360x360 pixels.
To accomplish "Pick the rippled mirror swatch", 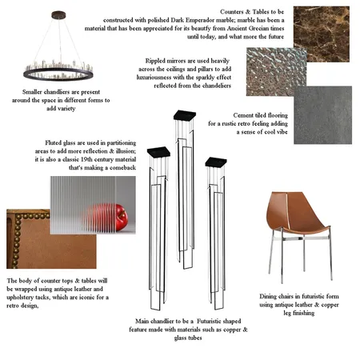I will tap(274, 72).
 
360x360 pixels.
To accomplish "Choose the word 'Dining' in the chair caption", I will tap(275, 294).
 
